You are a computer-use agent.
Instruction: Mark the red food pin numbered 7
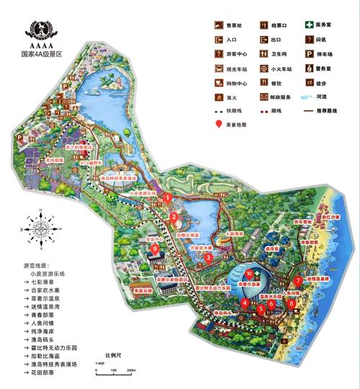[x=297, y=281]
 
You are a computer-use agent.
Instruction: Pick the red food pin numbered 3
[x=209, y=257]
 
